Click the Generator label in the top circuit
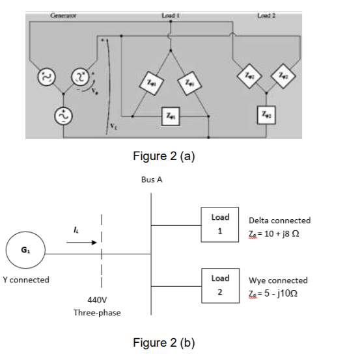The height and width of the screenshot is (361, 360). point(64,12)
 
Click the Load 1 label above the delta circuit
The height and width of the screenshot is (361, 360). point(170,12)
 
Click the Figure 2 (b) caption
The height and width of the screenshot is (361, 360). point(163,343)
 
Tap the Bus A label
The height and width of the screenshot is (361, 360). point(151,179)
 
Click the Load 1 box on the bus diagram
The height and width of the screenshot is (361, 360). point(219,224)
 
